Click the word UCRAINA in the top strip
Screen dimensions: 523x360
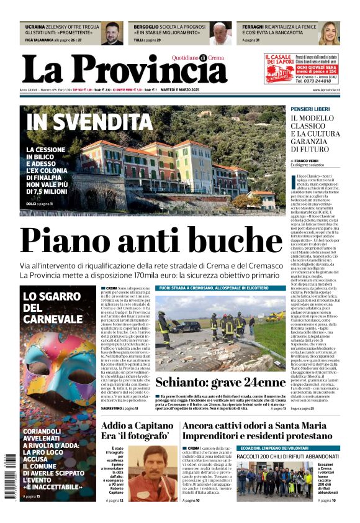tap(35, 27)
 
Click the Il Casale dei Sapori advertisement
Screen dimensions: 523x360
tap(300, 68)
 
